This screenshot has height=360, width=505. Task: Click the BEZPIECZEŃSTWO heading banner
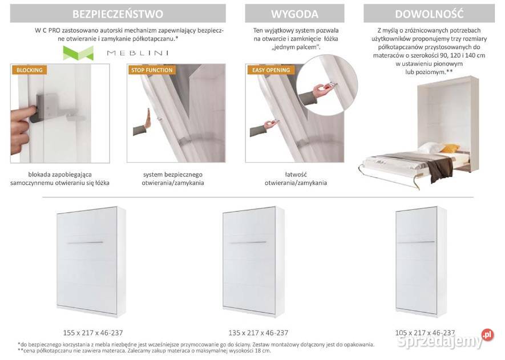pos(118,14)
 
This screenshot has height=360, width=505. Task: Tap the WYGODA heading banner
pos(294,14)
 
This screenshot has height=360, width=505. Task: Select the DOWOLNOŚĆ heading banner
pos(429,14)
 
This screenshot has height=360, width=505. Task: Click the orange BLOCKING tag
pos(29,70)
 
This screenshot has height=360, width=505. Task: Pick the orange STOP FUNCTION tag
pos(152,70)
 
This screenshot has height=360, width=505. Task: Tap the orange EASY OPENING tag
pos(271,70)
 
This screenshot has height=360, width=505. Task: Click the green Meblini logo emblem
pos(78,53)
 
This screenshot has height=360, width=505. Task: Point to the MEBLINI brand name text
pos(138,53)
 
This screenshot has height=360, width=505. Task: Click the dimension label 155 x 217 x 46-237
pos(93,333)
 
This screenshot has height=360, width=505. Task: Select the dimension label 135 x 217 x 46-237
pos(258,333)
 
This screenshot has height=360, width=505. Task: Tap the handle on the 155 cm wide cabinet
pos(85,242)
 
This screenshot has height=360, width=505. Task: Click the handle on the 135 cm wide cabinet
pos(248,242)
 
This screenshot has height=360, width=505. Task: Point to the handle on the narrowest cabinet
pos(416,242)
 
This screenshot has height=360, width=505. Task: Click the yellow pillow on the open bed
pos(449,148)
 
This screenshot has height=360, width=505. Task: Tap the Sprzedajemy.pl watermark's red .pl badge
pos(488,335)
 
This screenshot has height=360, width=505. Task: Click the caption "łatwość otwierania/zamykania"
pos(296,179)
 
